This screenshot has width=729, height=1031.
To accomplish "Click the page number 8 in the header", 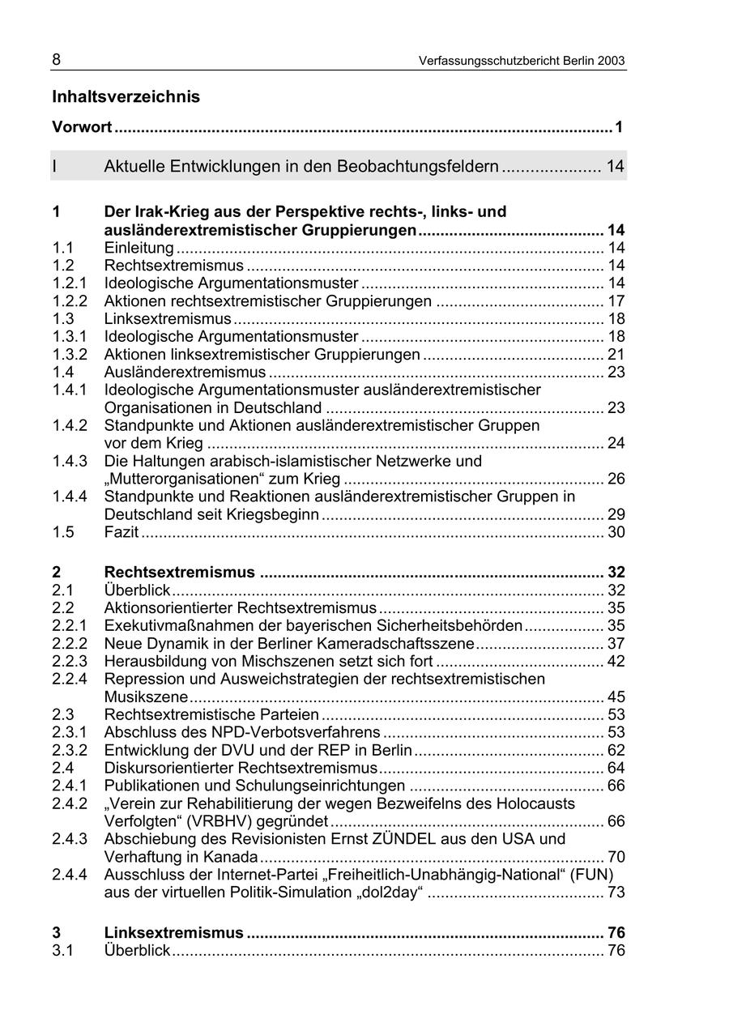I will pyautogui.click(x=57, y=60).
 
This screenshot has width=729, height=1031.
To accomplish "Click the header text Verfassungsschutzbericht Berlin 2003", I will pyautogui.click(x=522, y=61).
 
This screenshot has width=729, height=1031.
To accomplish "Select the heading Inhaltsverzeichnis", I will pyautogui.click(x=126, y=97).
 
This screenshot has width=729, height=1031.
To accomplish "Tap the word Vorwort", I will pyautogui.click(x=82, y=127).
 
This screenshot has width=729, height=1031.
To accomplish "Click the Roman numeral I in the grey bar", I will pyautogui.click(x=55, y=167).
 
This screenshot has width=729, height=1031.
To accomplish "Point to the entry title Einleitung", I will pyautogui.click(x=139, y=248).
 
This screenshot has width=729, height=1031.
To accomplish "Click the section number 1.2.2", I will pyautogui.click(x=70, y=301).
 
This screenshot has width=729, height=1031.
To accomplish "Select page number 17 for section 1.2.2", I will pyautogui.click(x=616, y=301).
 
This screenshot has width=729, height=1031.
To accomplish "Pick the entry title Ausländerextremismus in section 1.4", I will pyautogui.click(x=185, y=372).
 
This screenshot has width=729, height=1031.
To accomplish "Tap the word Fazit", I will pyautogui.click(x=122, y=532).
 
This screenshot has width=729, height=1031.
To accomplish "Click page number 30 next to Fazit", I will pyautogui.click(x=616, y=532).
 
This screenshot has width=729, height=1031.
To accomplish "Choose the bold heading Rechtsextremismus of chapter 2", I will pyautogui.click(x=179, y=573).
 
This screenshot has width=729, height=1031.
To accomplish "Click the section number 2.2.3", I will pyautogui.click(x=70, y=661).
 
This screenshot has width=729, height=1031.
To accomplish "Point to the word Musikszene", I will pyautogui.click(x=146, y=697).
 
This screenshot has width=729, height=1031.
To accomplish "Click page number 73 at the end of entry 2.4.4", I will pyautogui.click(x=616, y=893).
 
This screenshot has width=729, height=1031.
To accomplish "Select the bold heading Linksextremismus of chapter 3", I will pyautogui.click(x=173, y=933).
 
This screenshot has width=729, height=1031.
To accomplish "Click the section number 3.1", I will pyautogui.click(x=63, y=951).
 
